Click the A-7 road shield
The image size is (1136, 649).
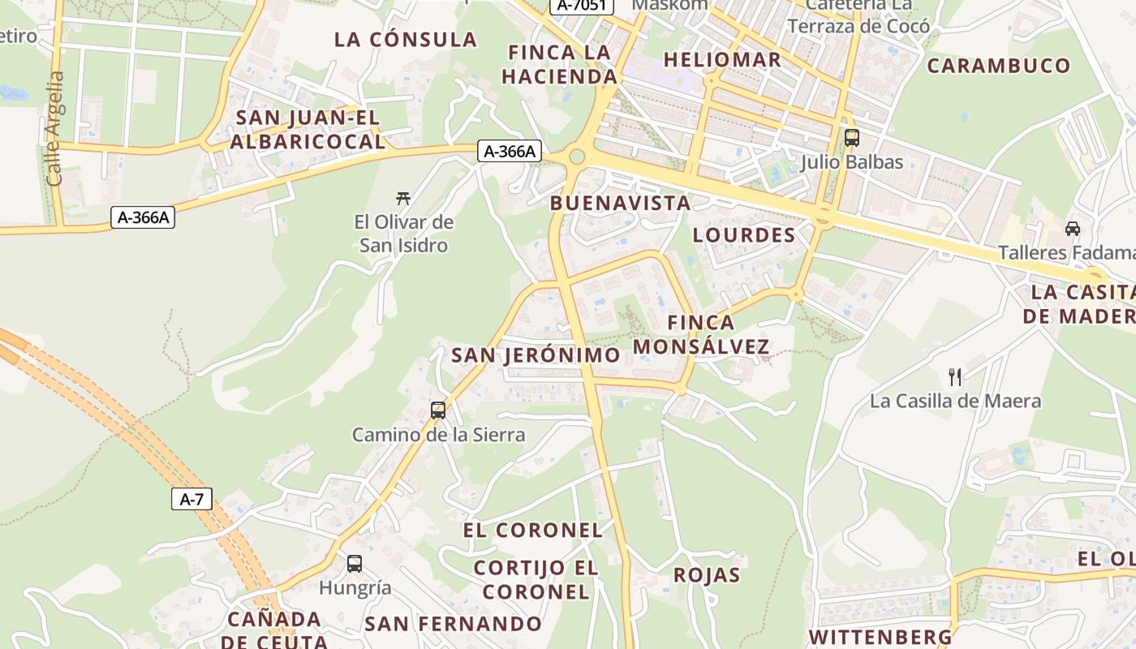tap(191, 499)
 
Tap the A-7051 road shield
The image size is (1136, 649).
tap(582, 5)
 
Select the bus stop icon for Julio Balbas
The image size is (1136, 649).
tap(851, 138)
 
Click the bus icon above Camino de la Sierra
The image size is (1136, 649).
tap(438, 410)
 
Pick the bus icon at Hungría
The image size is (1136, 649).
tap(355, 564)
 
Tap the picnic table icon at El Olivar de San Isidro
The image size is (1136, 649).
tap(402, 197)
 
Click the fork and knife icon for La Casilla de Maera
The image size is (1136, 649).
tap(955, 376)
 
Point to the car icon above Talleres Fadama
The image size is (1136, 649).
tap(1073, 229)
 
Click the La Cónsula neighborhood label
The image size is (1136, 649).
tap(406, 39)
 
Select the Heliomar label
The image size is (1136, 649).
tap(722, 59)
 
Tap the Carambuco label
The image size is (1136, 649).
tap(999, 66)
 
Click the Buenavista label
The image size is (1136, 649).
tap(620, 203)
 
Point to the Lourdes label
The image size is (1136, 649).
tap(743, 235)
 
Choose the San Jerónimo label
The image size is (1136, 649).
tap(536, 355)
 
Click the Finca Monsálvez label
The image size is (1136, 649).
tap(701, 334)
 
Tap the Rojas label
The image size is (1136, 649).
tap(706, 575)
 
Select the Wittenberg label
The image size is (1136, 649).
tap(880, 636)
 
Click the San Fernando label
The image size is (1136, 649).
tap(453, 624)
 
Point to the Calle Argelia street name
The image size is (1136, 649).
tap(55, 128)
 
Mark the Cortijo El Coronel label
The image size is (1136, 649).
tap(536, 579)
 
